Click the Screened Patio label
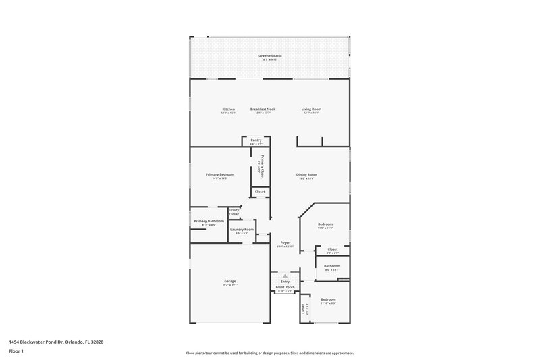tap(269, 55)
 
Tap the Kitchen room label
tap(229, 109)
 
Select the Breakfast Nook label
tap(263, 109)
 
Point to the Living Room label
tap(310, 109)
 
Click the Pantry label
tap(256, 140)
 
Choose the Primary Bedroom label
tap(219, 174)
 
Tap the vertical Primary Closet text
tap(262, 166)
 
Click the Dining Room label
tap(306, 175)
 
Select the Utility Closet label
tap(234, 212)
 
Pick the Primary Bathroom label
tap(209, 221)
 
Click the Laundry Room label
tap(241, 230)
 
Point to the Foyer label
tap(285, 242)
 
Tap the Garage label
tap(230, 281)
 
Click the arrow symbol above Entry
tap(285, 276)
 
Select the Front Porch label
tap(285, 288)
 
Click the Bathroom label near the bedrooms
tap(331, 265)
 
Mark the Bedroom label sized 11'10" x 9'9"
tap(328, 299)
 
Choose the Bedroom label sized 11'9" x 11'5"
tap(325, 224)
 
